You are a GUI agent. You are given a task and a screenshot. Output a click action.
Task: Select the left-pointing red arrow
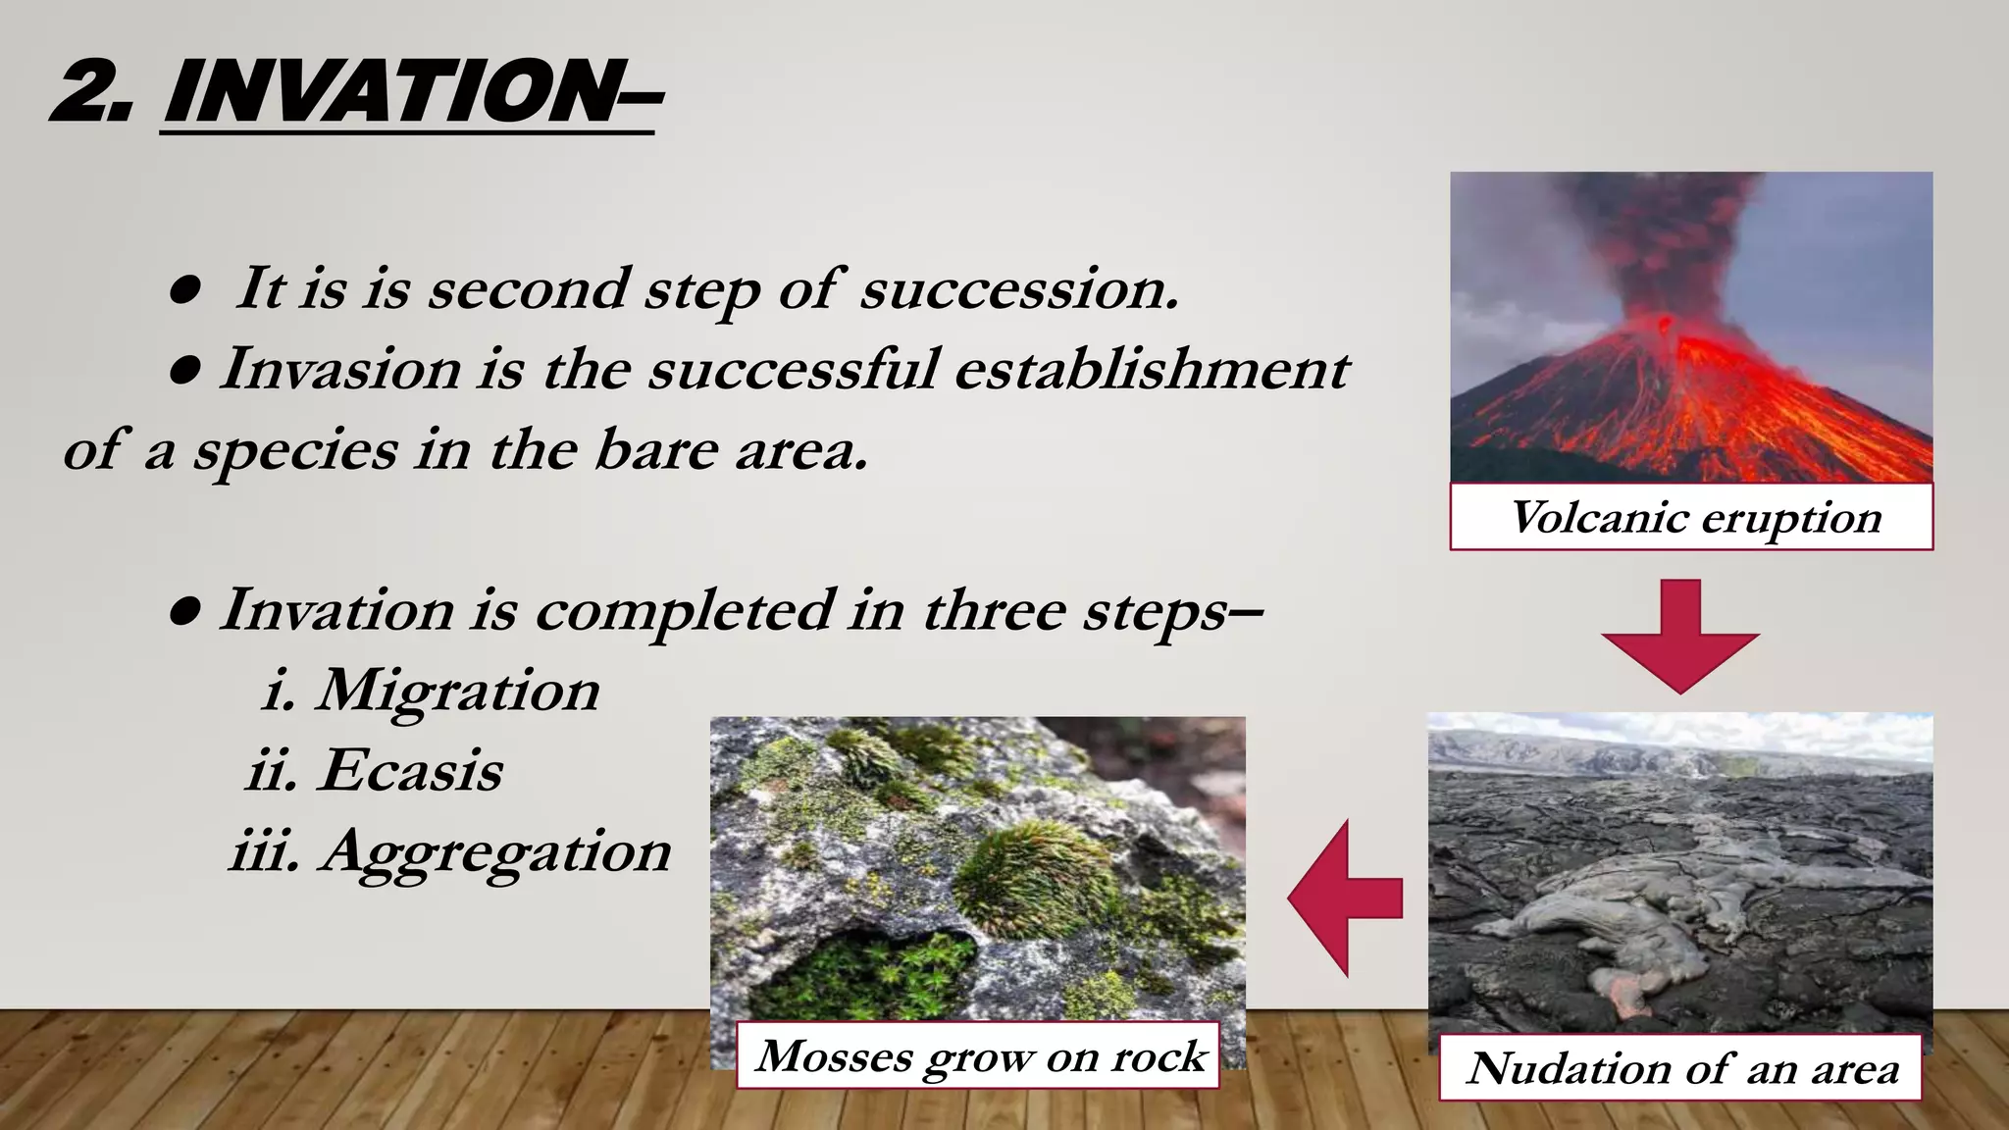click(1344, 898)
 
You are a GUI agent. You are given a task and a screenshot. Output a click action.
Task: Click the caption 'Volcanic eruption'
click(1695, 517)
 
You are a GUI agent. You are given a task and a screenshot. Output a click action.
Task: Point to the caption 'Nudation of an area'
click(1681, 1068)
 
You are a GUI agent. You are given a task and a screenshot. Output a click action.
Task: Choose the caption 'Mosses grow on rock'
click(980, 1056)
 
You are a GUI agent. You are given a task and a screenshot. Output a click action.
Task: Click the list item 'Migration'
click(457, 690)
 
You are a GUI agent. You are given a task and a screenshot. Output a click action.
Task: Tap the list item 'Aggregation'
click(495, 850)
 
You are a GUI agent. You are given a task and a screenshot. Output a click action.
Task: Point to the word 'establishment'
click(1152, 369)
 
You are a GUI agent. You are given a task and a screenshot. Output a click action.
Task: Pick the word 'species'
click(295, 451)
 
